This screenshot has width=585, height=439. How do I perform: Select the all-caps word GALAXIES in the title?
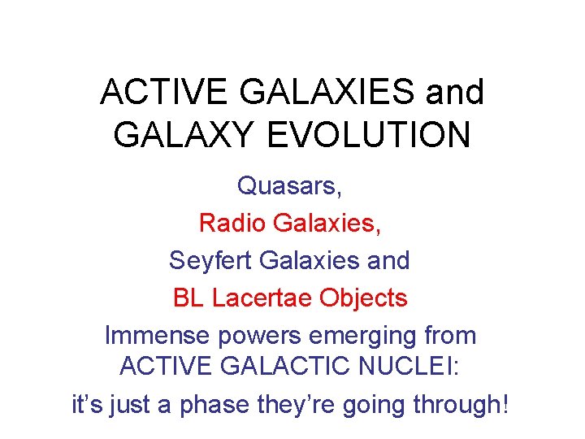[x=317, y=93]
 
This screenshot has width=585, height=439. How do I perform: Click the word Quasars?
[x=289, y=186]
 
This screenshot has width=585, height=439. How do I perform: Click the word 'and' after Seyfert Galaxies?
[x=388, y=260]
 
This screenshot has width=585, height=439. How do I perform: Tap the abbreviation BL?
[x=189, y=298]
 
